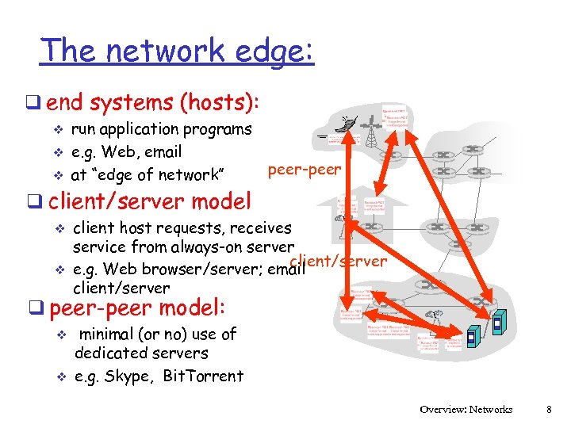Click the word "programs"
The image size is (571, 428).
pyautogui.click(x=217, y=129)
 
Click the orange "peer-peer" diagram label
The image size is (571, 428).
pyautogui.click(x=305, y=169)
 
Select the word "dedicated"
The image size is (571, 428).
pyautogui.click(x=107, y=353)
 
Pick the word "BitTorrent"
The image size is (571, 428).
pyautogui.click(x=202, y=376)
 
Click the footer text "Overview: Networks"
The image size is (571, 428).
pyautogui.click(x=466, y=410)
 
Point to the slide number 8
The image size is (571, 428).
pyautogui.click(x=548, y=410)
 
